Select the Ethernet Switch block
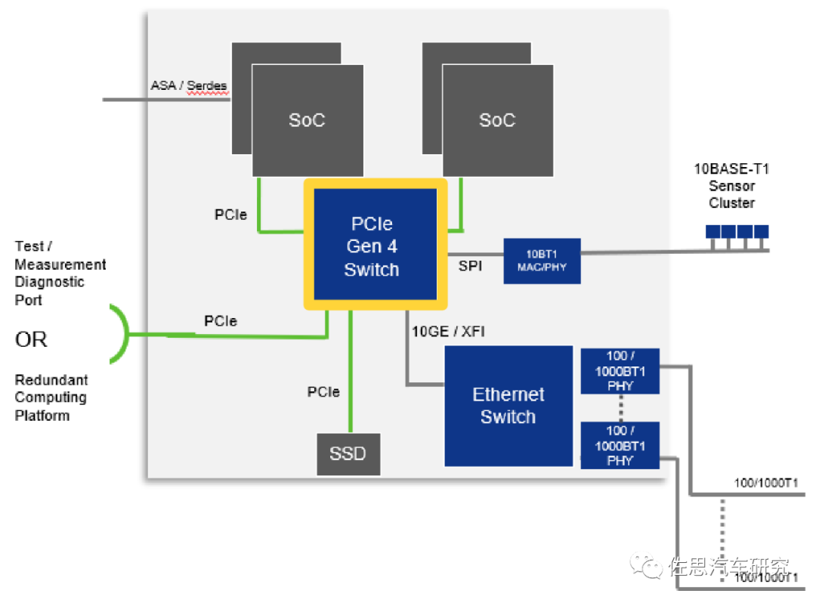508,406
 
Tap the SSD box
348,453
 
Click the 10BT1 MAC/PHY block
542,261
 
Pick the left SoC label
307,120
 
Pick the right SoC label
497,120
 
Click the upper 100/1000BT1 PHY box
620,371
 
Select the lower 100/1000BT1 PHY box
620,445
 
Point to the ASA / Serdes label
188,86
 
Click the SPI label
470,266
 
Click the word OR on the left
31,340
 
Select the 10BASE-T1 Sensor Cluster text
731,186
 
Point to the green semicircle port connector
121,332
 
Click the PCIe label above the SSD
323,392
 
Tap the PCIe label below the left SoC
230,215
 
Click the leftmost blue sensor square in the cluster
714,231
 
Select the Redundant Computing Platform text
51,397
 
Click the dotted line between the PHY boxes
620,408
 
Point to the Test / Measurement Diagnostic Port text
60,273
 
